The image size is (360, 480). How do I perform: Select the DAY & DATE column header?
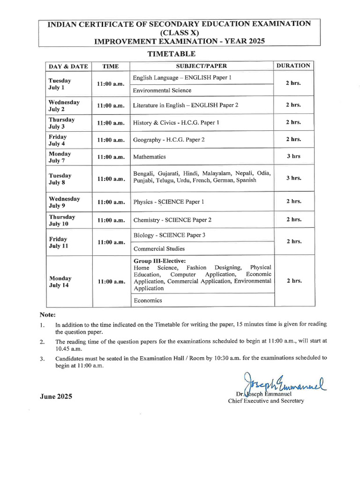[x=68, y=67]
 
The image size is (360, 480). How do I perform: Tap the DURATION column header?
[x=293, y=66]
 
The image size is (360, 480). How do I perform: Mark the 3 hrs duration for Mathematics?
[x=293, y=157]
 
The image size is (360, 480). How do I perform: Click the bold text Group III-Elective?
[x=159, y=261]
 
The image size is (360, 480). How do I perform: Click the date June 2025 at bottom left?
[x=56, y=397]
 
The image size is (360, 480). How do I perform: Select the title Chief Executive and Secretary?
[x=266, y=401]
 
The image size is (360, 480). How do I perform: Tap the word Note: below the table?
[x=47, y=315]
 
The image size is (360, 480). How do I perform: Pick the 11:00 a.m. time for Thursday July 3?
[x=111, y=123]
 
